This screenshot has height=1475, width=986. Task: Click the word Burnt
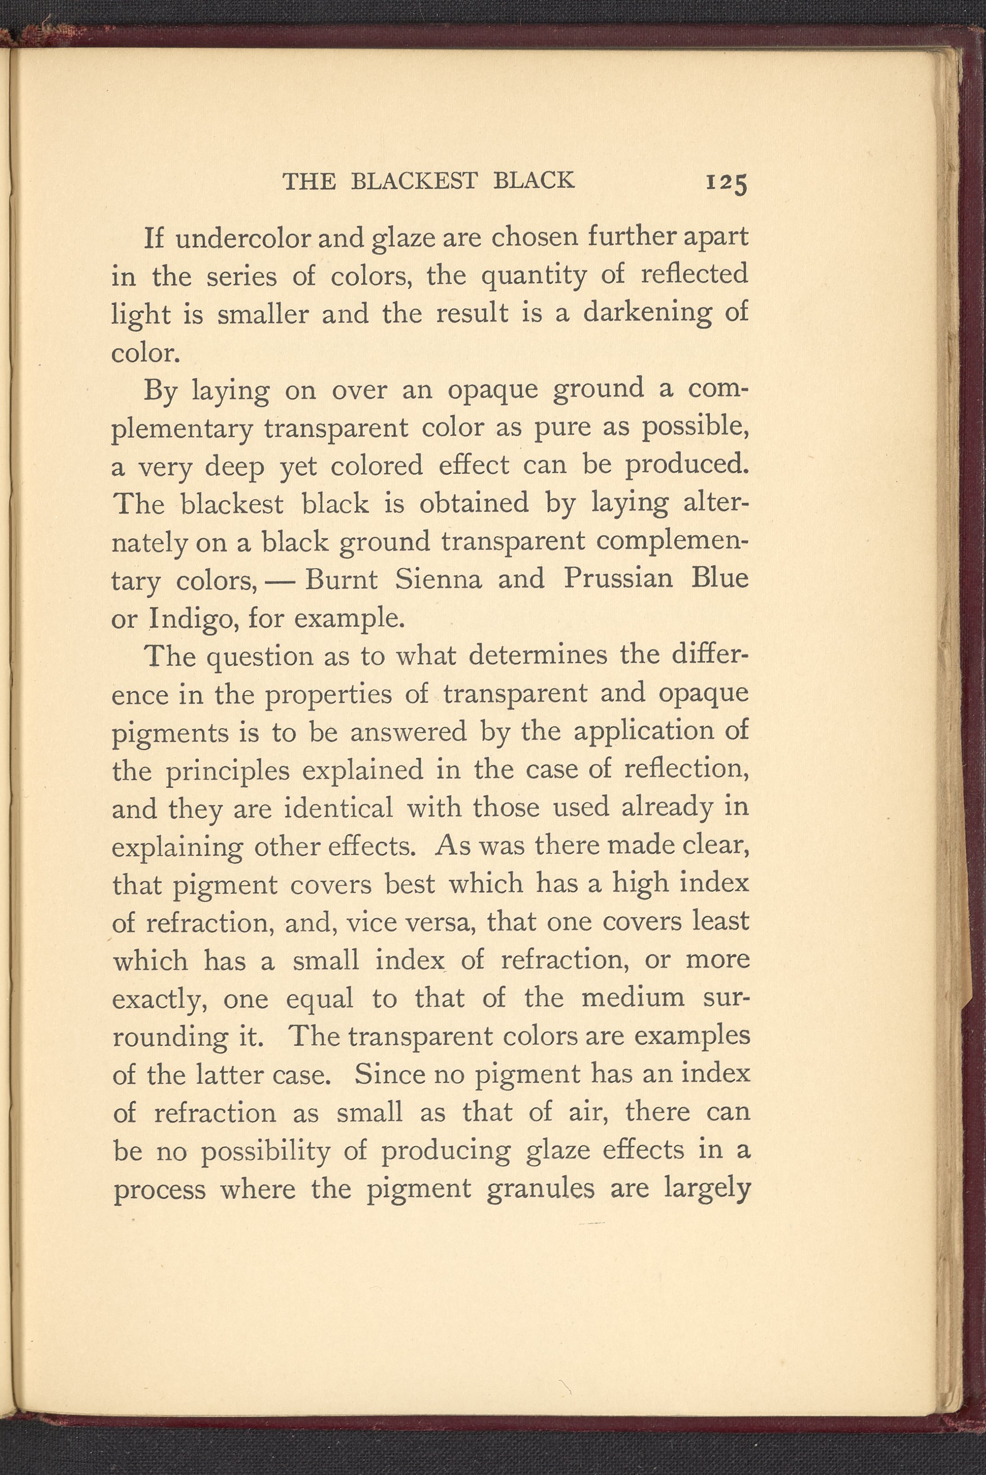point(341,579)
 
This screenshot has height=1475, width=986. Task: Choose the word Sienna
point(438,579)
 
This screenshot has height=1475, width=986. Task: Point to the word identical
point(339,808)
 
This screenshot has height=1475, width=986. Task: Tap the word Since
point(385,1074)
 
